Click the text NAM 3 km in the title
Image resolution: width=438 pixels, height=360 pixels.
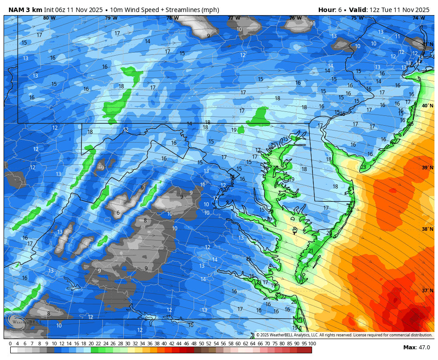coord(25,10)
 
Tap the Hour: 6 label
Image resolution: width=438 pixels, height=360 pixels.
coord(332,10)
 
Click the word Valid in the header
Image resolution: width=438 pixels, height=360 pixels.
coord(358,10)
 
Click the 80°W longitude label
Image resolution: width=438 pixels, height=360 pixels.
coord(49,18)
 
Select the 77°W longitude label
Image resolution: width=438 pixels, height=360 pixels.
coord(234,18)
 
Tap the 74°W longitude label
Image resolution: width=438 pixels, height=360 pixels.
coord(418,18)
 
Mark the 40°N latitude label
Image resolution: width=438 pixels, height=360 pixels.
coord(427,106)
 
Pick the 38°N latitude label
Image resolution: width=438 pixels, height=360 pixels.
coord(427,229)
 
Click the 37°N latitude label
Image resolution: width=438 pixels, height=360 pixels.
coord(427,291)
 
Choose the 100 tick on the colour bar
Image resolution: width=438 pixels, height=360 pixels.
coord(312,344)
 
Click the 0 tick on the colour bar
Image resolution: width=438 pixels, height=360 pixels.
coord(10,344)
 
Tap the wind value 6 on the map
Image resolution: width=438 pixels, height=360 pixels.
coord(118,213)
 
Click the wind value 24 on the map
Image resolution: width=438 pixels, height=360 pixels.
coord(294,196)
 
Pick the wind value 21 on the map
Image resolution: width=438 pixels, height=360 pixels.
coord(311,251)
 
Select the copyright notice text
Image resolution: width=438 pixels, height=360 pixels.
coord(344,335)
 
